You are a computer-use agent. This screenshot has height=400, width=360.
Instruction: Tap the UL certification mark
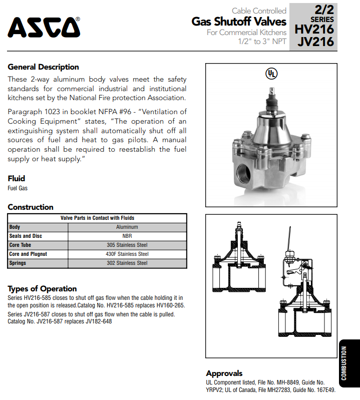coord(271,74)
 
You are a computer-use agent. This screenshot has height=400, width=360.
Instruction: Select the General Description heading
coord(43,67)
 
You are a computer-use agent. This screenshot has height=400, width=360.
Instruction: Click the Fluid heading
coord(16,178)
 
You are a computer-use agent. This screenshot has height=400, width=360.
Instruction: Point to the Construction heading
coord(31,207)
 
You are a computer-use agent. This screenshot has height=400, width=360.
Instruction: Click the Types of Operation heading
coord(42,288)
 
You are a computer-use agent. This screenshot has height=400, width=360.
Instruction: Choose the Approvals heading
coord(224,373)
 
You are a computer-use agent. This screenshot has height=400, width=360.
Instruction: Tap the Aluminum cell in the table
coord(127,227)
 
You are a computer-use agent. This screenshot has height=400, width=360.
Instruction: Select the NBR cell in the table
coord(127,236)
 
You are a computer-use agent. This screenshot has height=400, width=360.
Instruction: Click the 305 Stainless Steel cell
coord(127,245)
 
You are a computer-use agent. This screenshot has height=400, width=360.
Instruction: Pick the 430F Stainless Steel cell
coord(127,254)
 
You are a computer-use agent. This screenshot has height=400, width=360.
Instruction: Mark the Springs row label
coord(18,263)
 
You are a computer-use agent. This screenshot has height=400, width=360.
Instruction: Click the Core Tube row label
coord(21,245)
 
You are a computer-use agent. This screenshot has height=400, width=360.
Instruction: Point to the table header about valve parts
coord(97,218)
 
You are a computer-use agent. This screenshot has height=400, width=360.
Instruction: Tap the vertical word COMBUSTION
coord(344,363)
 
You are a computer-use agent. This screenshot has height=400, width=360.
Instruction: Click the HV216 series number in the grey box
coord(314,29)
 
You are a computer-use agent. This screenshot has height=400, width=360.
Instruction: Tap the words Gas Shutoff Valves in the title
coord(239,22)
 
